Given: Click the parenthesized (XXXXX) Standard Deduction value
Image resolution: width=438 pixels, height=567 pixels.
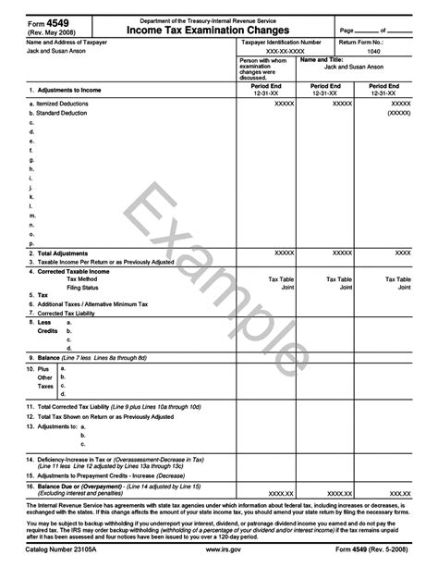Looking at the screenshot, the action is click(x=398, y=113).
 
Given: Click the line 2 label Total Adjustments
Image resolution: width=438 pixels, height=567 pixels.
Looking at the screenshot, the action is click(x=61, y=253).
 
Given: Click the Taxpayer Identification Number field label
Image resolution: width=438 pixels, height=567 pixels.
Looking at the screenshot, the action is click(x=281, y=42).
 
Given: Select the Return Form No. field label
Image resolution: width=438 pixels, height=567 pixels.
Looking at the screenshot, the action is click(x=373, y=42).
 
